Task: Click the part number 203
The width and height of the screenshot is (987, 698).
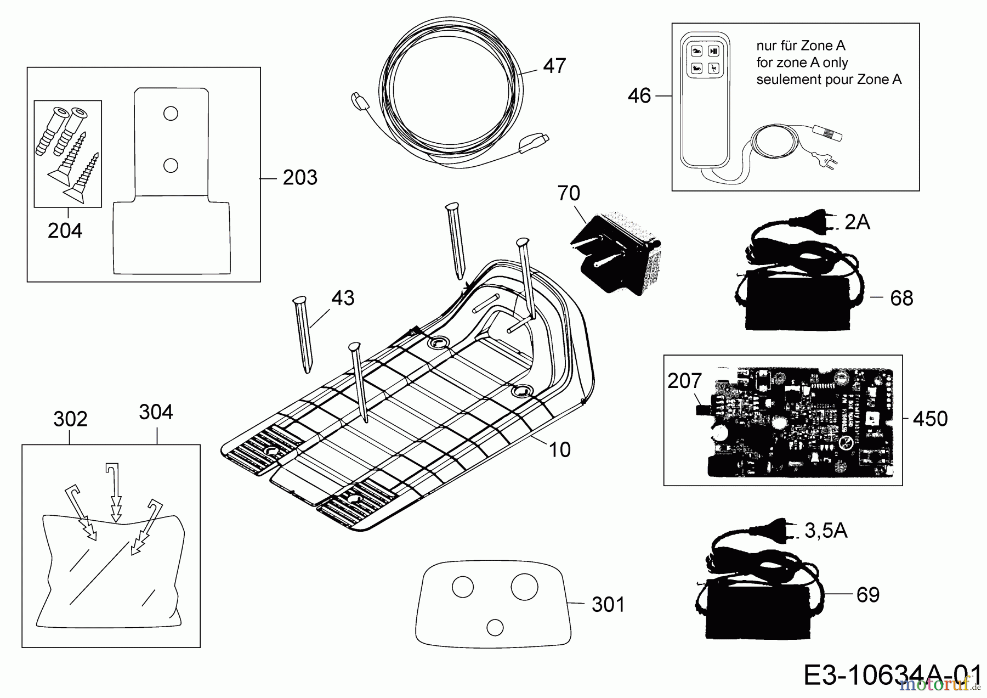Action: coord(300,178)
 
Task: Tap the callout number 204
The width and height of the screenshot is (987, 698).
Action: coord(65,231)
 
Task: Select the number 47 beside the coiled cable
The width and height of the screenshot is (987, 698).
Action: coord(554,66)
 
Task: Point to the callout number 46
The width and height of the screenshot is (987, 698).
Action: coord(639,96)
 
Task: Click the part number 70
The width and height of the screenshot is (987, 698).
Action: coord(569,194)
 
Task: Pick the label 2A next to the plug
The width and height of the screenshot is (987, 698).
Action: coord(857,222)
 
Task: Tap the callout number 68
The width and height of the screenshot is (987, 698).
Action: coord(901,299)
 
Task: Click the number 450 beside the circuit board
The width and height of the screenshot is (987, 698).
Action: coord(930,419)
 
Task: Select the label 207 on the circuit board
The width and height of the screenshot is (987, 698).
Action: coord(684,381)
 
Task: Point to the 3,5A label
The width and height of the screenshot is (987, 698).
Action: coord(826,531)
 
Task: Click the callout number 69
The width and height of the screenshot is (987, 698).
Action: coord(867,595)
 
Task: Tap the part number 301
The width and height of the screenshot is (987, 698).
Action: coord(608,605)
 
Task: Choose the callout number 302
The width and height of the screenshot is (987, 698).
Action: coord(70,419)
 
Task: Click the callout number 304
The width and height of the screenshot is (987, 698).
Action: coord(156,412)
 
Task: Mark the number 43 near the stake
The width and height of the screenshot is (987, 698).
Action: coord(343,299)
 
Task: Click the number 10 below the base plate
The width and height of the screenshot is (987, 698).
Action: coord(559,450)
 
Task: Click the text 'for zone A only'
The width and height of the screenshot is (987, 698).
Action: coord(802,63)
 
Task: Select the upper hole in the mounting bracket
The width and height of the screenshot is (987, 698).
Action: coord(171,114)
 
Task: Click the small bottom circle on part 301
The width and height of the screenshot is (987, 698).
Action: coord(495,627)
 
